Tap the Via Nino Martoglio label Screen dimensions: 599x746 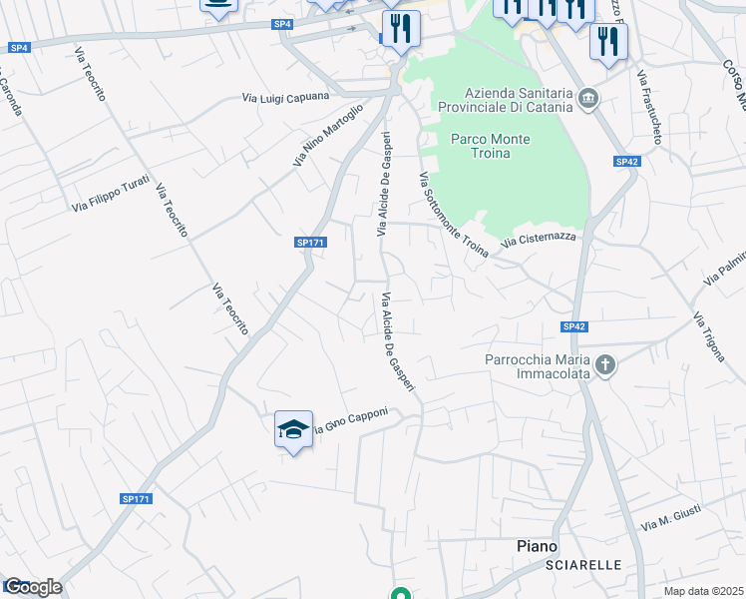click(327, 136)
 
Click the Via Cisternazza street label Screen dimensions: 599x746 click(539, 239)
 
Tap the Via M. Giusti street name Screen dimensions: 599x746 click(672, 519)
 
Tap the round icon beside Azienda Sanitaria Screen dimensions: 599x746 click(587, 99)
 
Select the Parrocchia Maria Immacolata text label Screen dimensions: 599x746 click(538, 366)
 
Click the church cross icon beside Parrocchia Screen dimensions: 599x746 click(605, 365)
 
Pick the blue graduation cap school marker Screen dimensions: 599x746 click(292, 429)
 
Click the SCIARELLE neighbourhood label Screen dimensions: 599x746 click(583, 565)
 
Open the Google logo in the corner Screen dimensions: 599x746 click(33, 587)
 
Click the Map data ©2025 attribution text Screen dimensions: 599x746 click(704, 590)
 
